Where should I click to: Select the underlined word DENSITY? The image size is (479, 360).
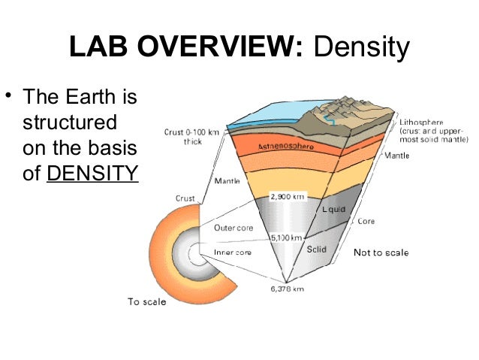pyautogui.click(x=92, y=174)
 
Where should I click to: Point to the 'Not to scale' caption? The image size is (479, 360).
pyautogui.click(x=381, y=253)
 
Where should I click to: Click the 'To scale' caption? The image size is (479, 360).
pyautogui.click(x=146, y=302)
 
